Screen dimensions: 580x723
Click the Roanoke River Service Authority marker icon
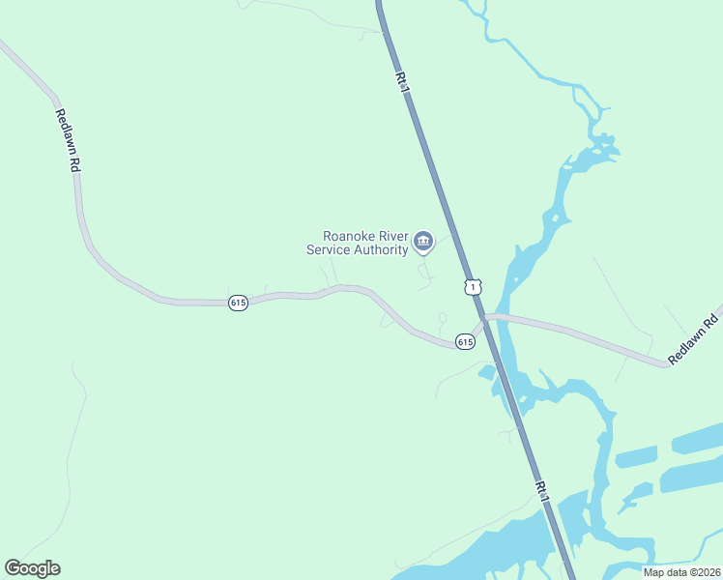point(422,241)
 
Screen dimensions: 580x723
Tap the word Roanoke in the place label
point(345,236)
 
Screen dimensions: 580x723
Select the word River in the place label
point(389,236)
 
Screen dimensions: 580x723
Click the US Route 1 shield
point(472,286)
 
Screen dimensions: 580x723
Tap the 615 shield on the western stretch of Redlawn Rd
point(239,303)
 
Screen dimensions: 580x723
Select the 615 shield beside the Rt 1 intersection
point(465,342)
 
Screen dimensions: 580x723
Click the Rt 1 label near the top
point(402,81)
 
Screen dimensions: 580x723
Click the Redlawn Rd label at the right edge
point(694,338)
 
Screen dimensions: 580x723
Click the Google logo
point(32,568)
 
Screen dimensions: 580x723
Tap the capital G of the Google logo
point(13,568)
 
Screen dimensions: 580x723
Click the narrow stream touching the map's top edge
point(464,4)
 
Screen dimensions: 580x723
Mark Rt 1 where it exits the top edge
point(380,3)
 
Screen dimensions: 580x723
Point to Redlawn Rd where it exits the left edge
point(4,43)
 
